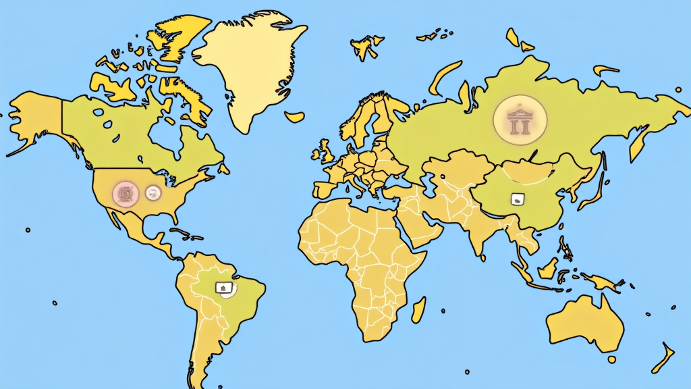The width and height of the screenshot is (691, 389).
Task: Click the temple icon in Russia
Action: tap(520, 120)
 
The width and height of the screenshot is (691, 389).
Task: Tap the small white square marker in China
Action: tap(518, 199)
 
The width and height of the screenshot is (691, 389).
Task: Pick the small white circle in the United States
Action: tap(153, 192)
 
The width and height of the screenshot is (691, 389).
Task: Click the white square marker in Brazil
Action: tap(222, 288)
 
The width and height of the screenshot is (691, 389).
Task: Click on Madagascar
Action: tap(418, 308)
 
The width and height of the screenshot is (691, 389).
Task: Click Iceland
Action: tap(294, 116)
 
